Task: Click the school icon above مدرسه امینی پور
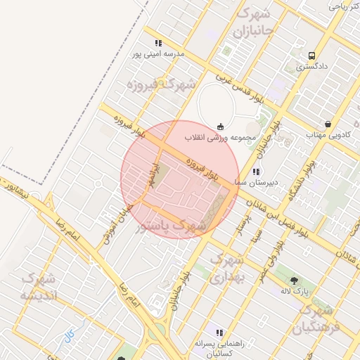point(158,43)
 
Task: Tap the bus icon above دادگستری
point(311,56)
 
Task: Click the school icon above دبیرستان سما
point(256,172)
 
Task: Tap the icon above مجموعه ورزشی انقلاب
point(221,127)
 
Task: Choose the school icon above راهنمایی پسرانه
point(219,333)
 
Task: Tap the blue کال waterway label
point(69,336)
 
